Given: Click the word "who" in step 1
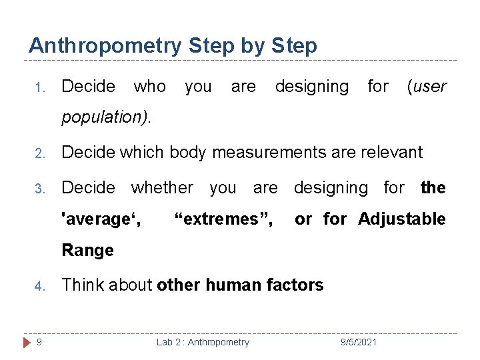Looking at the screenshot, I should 150,87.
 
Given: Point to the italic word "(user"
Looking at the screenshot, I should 426,87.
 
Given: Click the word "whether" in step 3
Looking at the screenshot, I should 162,188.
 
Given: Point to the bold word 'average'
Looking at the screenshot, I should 101,219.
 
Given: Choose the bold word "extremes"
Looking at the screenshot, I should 223,219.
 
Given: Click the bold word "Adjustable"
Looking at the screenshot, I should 402,219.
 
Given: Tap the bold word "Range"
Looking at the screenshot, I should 87,251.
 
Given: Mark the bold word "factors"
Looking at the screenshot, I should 297,285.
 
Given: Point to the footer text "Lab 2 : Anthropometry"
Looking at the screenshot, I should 203,342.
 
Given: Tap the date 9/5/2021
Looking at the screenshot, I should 358,342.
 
